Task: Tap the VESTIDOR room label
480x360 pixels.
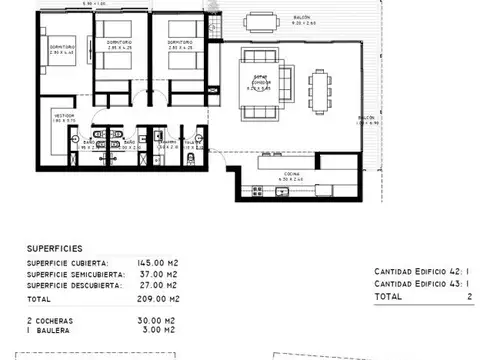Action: (62, 116)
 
